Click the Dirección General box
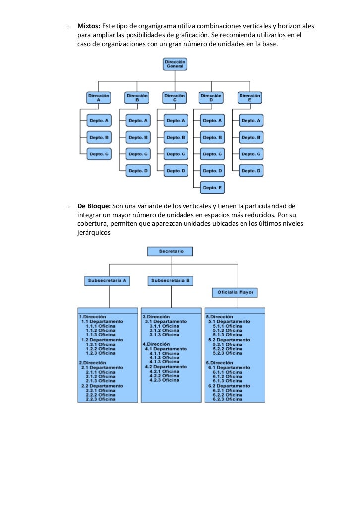click(175, 64)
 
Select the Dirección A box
click(98, 97)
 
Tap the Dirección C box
click(175, 97)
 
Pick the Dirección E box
click(250, 97)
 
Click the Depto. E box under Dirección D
click(213, 188)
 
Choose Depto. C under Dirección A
click(99, 154)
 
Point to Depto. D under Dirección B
click(138, 171)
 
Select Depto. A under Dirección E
click(251, 121)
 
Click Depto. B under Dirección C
click(177, 137)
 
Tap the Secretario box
click(171, 252)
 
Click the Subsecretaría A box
click(107, 281)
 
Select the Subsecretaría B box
click(171, 281)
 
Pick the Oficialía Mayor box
click(236, 293)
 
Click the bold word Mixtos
click(89, 26)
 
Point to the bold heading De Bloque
click(94, 205)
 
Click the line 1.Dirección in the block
click(92, 316)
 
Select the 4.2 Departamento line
click(166, 366)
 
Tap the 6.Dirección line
click(219, 362)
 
